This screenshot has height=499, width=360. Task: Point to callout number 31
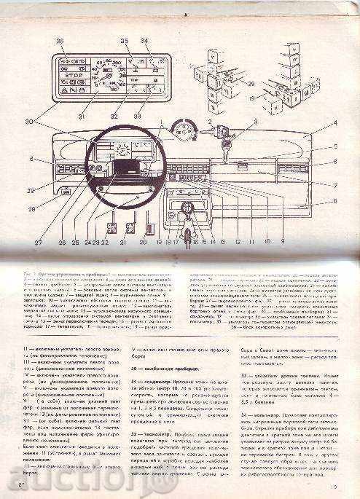tap(82, 117)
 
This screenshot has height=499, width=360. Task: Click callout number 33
tap(138, 117)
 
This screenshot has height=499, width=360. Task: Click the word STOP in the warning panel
tap(72, 74)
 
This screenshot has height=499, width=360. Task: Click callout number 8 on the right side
tap(335, 200)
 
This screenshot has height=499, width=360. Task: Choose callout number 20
tap(144, 243)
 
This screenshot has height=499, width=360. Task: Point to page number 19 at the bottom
tap(334, 487)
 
